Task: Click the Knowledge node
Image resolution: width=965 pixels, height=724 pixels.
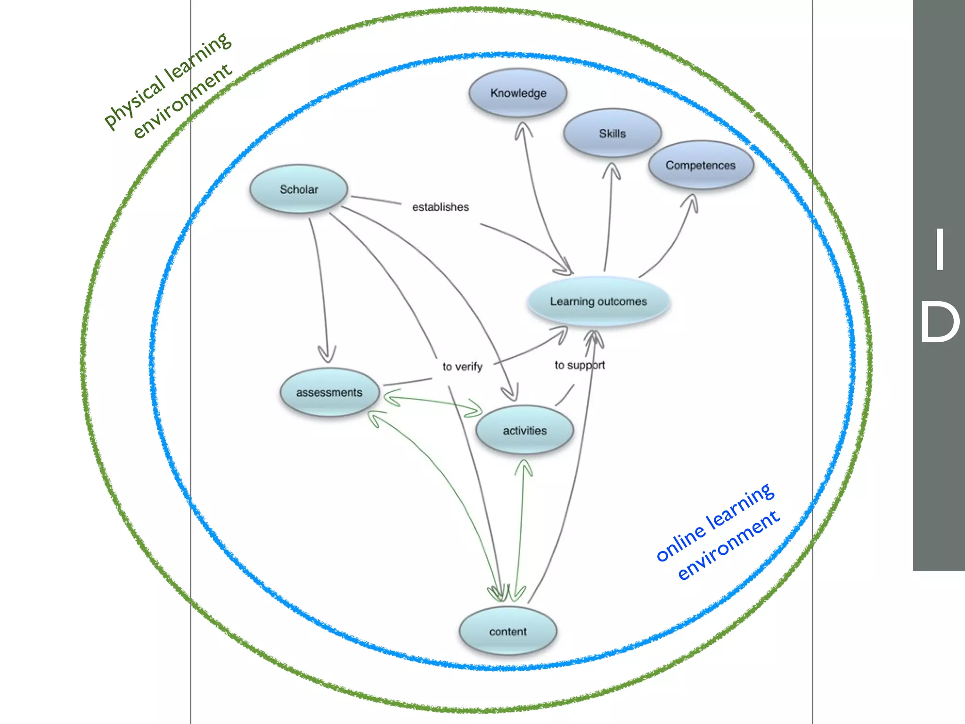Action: pos(518,93)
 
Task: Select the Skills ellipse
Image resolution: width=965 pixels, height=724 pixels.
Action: pos(612,133)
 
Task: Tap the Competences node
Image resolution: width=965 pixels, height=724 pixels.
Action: pos(701,165)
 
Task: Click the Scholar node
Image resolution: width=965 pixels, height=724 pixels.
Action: pos(299,189)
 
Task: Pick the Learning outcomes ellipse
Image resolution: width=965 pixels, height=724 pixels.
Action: pos(598,301)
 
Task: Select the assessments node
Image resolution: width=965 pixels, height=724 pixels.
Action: pos(329,392)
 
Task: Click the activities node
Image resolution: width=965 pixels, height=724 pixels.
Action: pos(524,430)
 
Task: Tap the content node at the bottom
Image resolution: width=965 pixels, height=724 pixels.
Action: pos(507,631)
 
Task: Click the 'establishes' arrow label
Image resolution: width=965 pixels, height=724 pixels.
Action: pos(440,207)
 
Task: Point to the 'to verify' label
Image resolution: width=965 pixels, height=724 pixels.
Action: pos(462,366)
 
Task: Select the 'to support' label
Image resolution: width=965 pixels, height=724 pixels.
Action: pos(580,365)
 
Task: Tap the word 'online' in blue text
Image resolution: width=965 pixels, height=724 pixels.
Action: pos(681,544)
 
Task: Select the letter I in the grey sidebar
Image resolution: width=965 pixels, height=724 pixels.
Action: pos(940,249)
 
